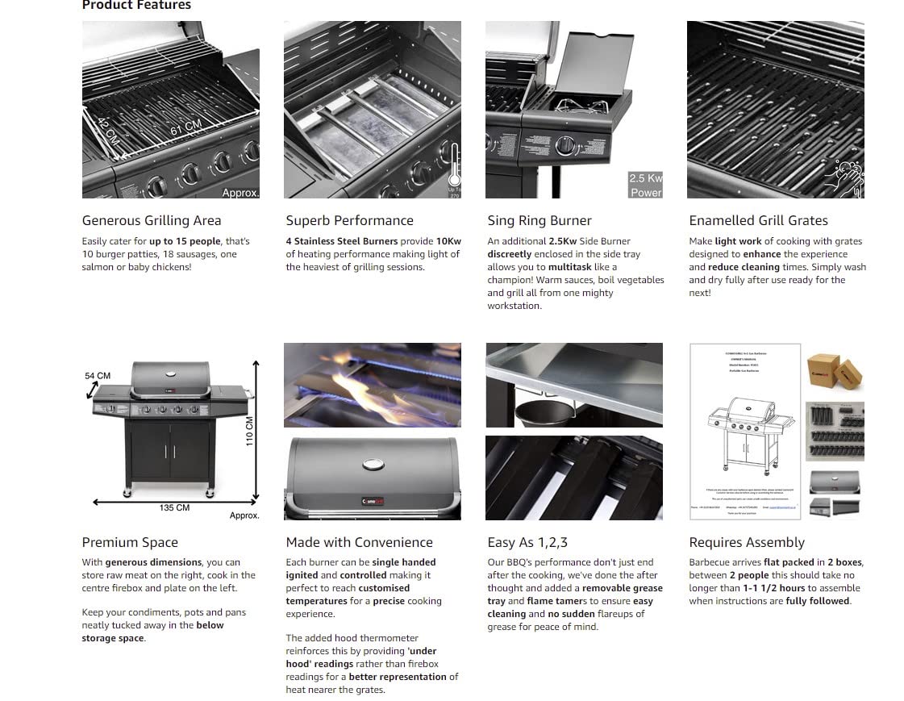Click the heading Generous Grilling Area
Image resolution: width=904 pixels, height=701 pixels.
pyautogui.click(x=152, y=220)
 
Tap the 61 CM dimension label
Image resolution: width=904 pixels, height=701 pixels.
pyautogui.click(x=185, y=127)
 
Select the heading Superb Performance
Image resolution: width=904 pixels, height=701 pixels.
pyautogui.click(x=349, y=220)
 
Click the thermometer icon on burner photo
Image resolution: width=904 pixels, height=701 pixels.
pyautogui.click(x=455, y=170)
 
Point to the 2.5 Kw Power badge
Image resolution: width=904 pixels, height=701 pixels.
pyautogui.click(x=645, y=185)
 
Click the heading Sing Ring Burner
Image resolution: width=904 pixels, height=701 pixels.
pyautogui.click(x=539, y=220)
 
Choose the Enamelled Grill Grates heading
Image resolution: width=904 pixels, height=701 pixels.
pyautogui.click(x=758, y=220)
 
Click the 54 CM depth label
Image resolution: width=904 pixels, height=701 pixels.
pyautogui.click(x=98, y=376)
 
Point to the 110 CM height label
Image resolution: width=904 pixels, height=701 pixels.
pyautogui.click(x=249, y=432)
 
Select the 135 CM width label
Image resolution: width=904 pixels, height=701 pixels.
pyautogui.click(x=174, y=507)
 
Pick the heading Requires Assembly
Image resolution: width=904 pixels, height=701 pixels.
pyautogui.click(x=747, y=542)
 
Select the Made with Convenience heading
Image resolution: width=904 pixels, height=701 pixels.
pyautogui.click(x=359, y=542)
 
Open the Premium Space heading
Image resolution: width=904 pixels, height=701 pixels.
pyautogui.click(x=130, y=542)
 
